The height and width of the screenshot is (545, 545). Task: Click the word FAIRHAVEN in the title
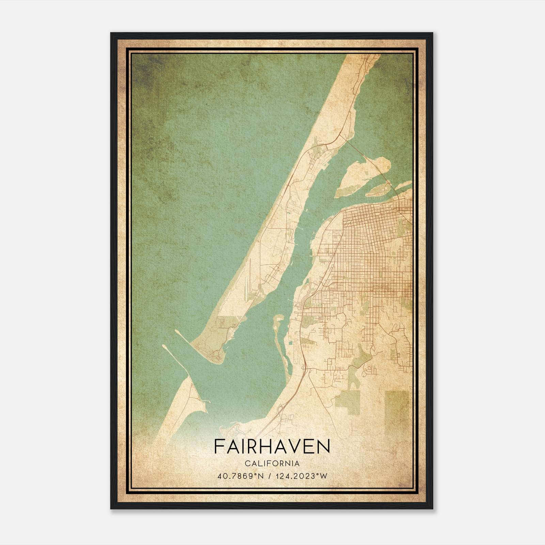[272, 447]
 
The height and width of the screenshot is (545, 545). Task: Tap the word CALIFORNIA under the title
[272, 464]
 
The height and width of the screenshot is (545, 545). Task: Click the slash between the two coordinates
[270, 476]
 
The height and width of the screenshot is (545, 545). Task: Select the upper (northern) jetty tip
[177, 331]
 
